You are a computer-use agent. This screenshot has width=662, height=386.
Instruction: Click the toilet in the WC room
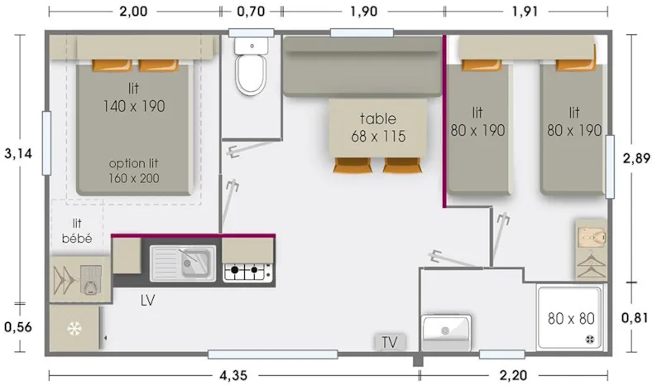[x=251, y=71]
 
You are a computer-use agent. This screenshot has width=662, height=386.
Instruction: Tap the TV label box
[x=390, y=341]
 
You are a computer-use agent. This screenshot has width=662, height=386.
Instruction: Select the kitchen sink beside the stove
[x=183, y=263]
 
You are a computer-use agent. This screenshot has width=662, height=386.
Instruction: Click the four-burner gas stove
[x=248, y=269]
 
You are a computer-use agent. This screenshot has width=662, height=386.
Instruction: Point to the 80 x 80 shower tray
[x=571, y=317]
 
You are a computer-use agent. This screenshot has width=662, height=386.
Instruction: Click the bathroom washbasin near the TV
[x=446, y=331]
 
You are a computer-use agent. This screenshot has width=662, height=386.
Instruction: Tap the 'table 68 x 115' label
[x=377, y=128]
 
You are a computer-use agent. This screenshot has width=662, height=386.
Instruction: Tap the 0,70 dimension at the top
[x=251, y=12]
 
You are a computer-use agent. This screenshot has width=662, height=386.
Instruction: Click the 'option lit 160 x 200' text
[x=134, y=170]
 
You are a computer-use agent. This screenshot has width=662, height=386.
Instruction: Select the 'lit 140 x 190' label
[x=134, y=98]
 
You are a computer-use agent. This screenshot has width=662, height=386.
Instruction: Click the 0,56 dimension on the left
[x=17, y=326]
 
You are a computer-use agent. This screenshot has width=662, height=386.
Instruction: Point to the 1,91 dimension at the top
[x=526, y=12]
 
